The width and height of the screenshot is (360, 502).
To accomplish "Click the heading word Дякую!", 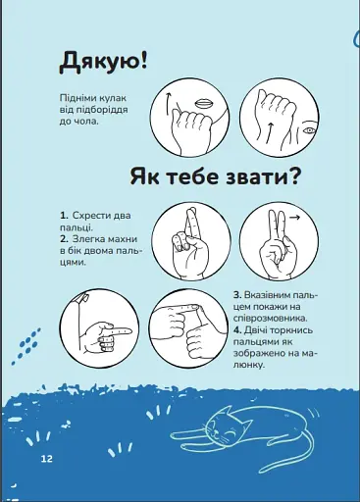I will tap(103, 62).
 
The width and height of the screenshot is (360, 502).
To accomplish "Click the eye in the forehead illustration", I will tap(309, 129).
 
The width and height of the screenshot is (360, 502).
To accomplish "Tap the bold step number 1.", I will tap(64, 215).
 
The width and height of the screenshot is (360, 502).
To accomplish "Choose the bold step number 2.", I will tap(64, 238).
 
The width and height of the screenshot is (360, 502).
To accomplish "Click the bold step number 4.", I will tap(236, 329).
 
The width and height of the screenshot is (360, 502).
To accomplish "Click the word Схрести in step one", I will tap(90, 215).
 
